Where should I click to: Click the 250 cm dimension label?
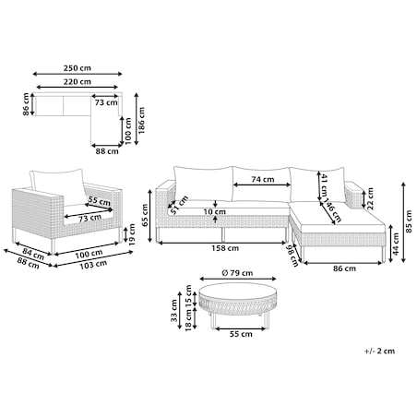click(x=77, y=67)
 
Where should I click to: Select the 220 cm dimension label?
click(x=77, y=82)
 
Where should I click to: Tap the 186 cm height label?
click(x=141, y=120)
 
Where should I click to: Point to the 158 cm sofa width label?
click(x=225, y=248)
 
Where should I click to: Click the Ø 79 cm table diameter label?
click(x=237, y=273)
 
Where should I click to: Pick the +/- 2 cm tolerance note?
click(x=379, y=351)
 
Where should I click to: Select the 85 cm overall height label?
click(x=409, y=221)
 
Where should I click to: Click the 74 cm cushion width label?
click(x=263, y=179)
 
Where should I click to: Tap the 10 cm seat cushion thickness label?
click(x=214, y=211)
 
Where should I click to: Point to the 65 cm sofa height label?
click(x=145, y=215)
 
